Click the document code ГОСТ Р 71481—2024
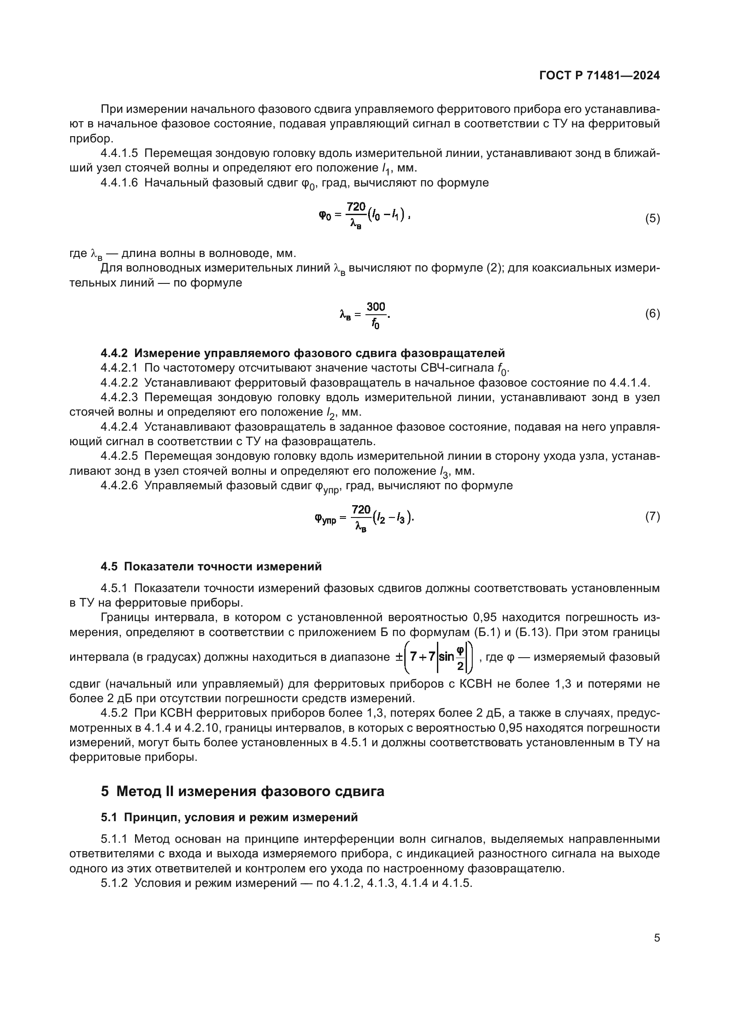(x=599, y=76)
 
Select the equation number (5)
(x=652, y=219)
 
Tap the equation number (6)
(x=652, y=313)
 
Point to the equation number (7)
(x=652, y=517)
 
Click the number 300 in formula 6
(x=376, y=307)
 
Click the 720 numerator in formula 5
(x=356, y=207)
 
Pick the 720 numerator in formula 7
(x=361, y=510)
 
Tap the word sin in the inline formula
(x=447, y=657)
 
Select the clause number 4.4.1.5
(x=119, y=153)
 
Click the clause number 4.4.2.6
(x=119, y=485)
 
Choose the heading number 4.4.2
(x=115, y=353)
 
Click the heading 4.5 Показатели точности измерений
(x=211, y=566)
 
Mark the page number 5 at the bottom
(x=657, y=938)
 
